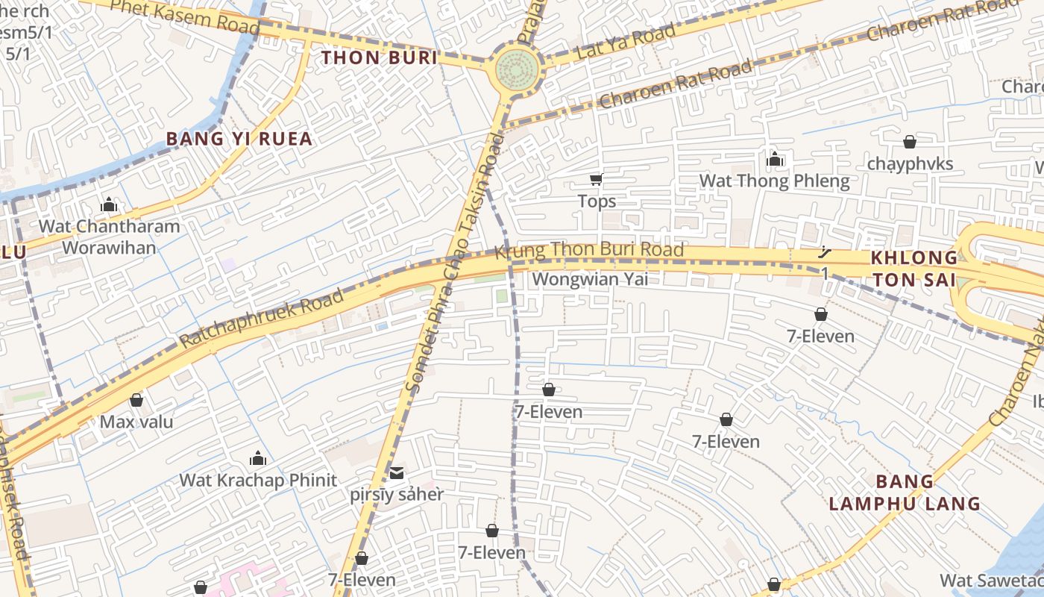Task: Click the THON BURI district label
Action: point(379,57)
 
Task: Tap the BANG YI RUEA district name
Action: point(239,139)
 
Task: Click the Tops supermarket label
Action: point(597,201)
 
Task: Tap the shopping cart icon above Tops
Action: point(596,179)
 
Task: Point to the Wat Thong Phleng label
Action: point(774,181)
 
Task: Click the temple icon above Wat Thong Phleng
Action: point(775,159)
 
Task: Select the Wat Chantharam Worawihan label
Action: point(109,237)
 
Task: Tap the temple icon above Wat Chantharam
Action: point(109,204)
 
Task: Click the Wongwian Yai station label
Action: point(591,279)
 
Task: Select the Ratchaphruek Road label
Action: point(262,318)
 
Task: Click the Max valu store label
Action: point(136,422)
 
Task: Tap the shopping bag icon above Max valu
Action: point(136,401)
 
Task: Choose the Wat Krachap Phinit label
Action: point(258,480)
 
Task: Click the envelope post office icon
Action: point(396,472)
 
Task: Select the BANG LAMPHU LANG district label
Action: point(905,493)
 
